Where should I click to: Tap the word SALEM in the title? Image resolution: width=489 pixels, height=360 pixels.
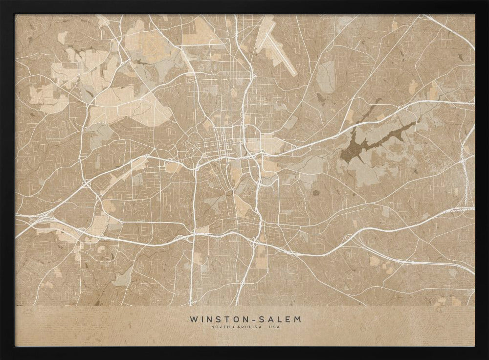284,319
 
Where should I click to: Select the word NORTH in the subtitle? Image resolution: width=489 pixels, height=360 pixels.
219,327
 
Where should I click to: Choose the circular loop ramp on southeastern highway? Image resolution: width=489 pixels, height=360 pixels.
348,240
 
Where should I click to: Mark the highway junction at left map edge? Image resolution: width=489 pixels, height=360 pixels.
37,220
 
